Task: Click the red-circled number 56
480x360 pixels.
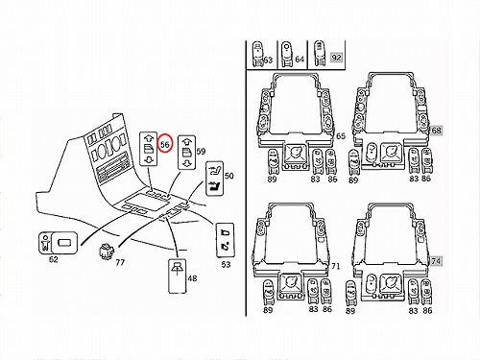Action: tap(165, 144)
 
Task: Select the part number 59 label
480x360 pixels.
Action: tap(201, 151)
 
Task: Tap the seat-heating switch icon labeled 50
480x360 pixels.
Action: tap(214, 179)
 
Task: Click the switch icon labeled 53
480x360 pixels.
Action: tap(226, 240)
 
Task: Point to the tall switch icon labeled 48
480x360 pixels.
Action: tap(177, 276)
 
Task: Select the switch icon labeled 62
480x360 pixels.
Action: tap(58, 243)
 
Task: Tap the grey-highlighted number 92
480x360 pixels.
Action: tap(336, 58)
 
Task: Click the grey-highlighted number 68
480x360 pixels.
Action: tap(436, 131)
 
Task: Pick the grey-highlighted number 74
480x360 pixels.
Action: tap(436, 261)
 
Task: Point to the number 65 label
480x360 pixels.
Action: tap(341, 136)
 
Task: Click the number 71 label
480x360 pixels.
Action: tap(335, 266)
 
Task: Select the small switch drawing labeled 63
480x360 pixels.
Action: tap(258, 54)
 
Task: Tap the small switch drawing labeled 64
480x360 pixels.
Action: tap(287, 54)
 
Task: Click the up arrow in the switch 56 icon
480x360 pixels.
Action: tap(149, 138)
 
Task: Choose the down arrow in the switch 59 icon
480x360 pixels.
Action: tap(187, 163)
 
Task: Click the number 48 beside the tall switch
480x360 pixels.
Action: tap(192, 278)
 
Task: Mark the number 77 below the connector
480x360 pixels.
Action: tap(120, 263)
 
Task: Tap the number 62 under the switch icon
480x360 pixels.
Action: tap(54, 259)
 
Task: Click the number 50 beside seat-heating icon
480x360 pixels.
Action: tap(229, 176)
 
